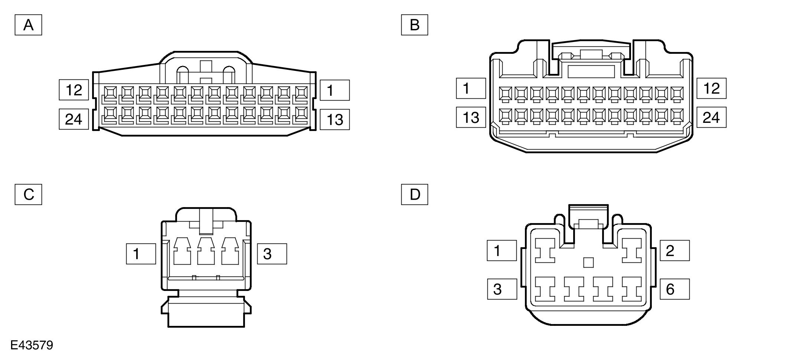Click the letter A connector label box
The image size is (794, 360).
(28, 25)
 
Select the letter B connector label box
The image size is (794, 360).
(414, 25)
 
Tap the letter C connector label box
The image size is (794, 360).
(28, 194)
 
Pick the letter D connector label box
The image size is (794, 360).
(414, 194)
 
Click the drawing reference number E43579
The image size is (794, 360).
(32, 346)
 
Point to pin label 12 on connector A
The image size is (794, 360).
(74, 90)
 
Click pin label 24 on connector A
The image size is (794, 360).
(74, 119)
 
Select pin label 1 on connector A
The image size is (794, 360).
(334, 90)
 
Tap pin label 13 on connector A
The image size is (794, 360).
(334, 120)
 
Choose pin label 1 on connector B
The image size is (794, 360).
(471, 88)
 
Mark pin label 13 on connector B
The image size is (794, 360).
(471, 117)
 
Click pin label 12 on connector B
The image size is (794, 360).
(711, 88)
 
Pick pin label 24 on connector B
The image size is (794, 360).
(711, 117)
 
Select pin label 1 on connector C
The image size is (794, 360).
(141, 254)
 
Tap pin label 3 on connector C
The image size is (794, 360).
(272, 254)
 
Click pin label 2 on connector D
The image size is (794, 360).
(674, 251)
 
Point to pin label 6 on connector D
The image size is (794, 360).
(674, 289)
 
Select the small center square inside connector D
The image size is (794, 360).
(588, 262)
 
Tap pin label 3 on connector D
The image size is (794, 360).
(502, 289)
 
